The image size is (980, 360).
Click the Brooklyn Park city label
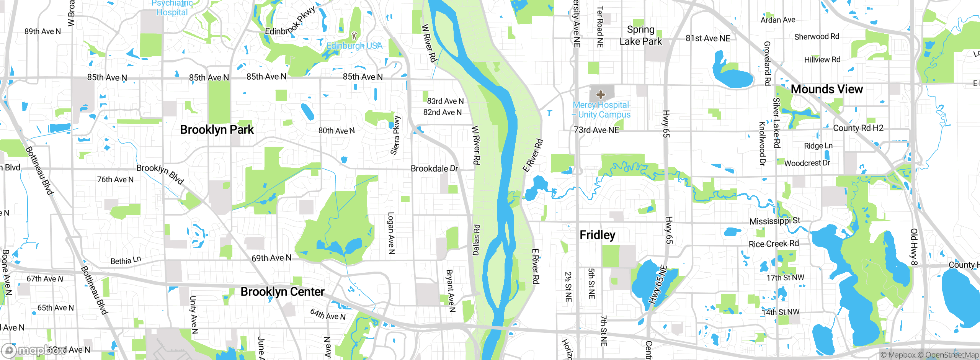click(x=217, y=130)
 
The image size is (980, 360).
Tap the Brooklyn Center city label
click(x=282, y=292)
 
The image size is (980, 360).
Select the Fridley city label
click(x=597, y=235)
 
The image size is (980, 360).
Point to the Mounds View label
click(x=826, y=89)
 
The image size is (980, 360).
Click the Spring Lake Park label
click(x=640, y=36)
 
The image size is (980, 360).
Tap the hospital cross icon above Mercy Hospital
click(x=600, y=94)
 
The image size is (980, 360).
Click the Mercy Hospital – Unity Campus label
click(x=601, y=110)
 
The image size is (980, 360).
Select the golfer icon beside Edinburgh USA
click(x=354, y=36)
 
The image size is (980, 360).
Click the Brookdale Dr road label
click(x=434, y=169)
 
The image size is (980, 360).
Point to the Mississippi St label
click(x=774, y=221)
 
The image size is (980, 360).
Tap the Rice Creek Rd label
click(x=773, y=244)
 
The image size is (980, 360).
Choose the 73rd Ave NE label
click(x=596, y=130)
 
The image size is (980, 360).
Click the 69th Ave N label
click(x=271, y=258)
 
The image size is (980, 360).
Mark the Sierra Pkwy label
click(x=395, y=135)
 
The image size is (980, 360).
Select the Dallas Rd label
click(x=476, y=240)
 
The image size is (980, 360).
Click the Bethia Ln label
click(x=126, y=260)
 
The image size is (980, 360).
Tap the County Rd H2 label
click(x=858, y=128)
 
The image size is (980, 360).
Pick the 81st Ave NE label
click(x=707, y=38)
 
